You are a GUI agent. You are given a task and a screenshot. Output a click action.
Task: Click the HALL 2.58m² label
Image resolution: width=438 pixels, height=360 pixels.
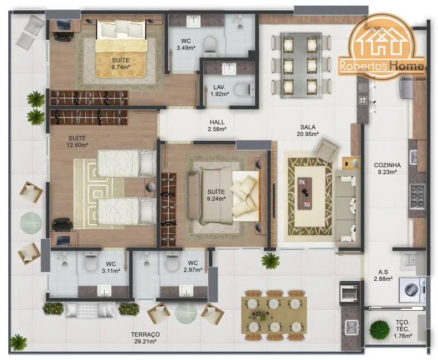pos(217,125)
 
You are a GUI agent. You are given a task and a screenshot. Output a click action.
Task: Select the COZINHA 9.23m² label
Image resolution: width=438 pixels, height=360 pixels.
pos(387,168)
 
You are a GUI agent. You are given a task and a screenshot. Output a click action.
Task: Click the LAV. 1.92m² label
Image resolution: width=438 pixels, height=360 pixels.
pos(218,90)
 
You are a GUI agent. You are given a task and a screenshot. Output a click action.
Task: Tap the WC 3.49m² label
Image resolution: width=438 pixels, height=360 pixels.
pos(183,44)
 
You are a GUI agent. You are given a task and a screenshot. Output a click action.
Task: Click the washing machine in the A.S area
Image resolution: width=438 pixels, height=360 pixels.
pos(413,289)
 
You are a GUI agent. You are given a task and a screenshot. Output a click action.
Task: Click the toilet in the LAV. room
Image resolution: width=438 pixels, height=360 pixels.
pos(243,89)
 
